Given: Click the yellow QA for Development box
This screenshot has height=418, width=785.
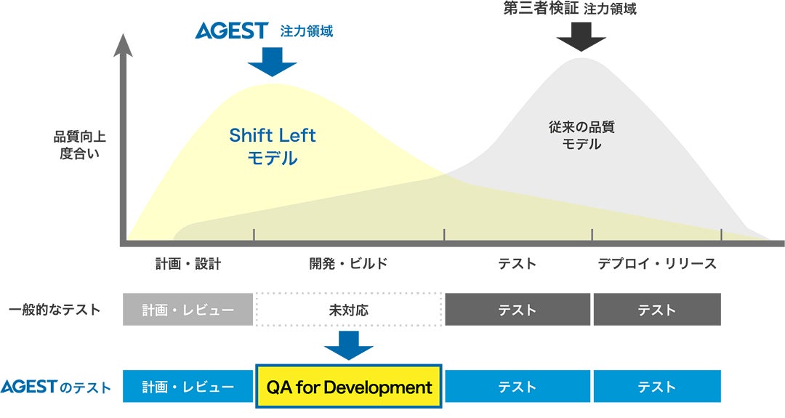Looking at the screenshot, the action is [x=349, y=387].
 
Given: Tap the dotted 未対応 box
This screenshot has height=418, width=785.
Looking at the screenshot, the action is [x=349, y=310].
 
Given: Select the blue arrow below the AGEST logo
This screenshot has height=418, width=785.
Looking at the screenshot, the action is [x=273, y=63].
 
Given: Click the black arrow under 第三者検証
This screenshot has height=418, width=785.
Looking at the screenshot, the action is [x=580, y=36].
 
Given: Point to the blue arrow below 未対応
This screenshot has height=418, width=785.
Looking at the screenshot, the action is [x=349, y=346].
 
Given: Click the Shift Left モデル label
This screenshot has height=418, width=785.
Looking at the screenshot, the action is [x=273, y=146].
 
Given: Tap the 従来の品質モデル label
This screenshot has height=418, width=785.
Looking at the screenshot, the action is [x=581, y=135].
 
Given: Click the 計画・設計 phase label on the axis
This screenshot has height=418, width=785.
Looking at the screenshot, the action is [x=188, y=263].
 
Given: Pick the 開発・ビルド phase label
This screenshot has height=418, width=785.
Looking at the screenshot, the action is [x=349, y=263].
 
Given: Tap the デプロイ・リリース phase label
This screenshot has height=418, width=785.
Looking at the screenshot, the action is [x=657, y=263].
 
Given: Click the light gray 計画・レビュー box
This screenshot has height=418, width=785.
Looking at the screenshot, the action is [x=188, y=310].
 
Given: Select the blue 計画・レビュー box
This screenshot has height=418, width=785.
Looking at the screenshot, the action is [x=188, y=387].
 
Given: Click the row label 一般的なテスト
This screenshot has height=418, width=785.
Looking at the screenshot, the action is [x=55, y=310].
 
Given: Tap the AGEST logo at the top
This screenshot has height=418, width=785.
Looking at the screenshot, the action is [x=232, y=31].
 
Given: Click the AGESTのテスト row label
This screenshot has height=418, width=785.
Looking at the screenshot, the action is [x=55, y=387].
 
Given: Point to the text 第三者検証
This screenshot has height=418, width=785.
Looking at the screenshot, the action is [x=541, y=9].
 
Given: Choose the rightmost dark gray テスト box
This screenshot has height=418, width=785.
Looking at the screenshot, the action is [x=657, y=310].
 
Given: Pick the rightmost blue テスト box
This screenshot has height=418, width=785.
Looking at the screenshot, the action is [x=657, y=387].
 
